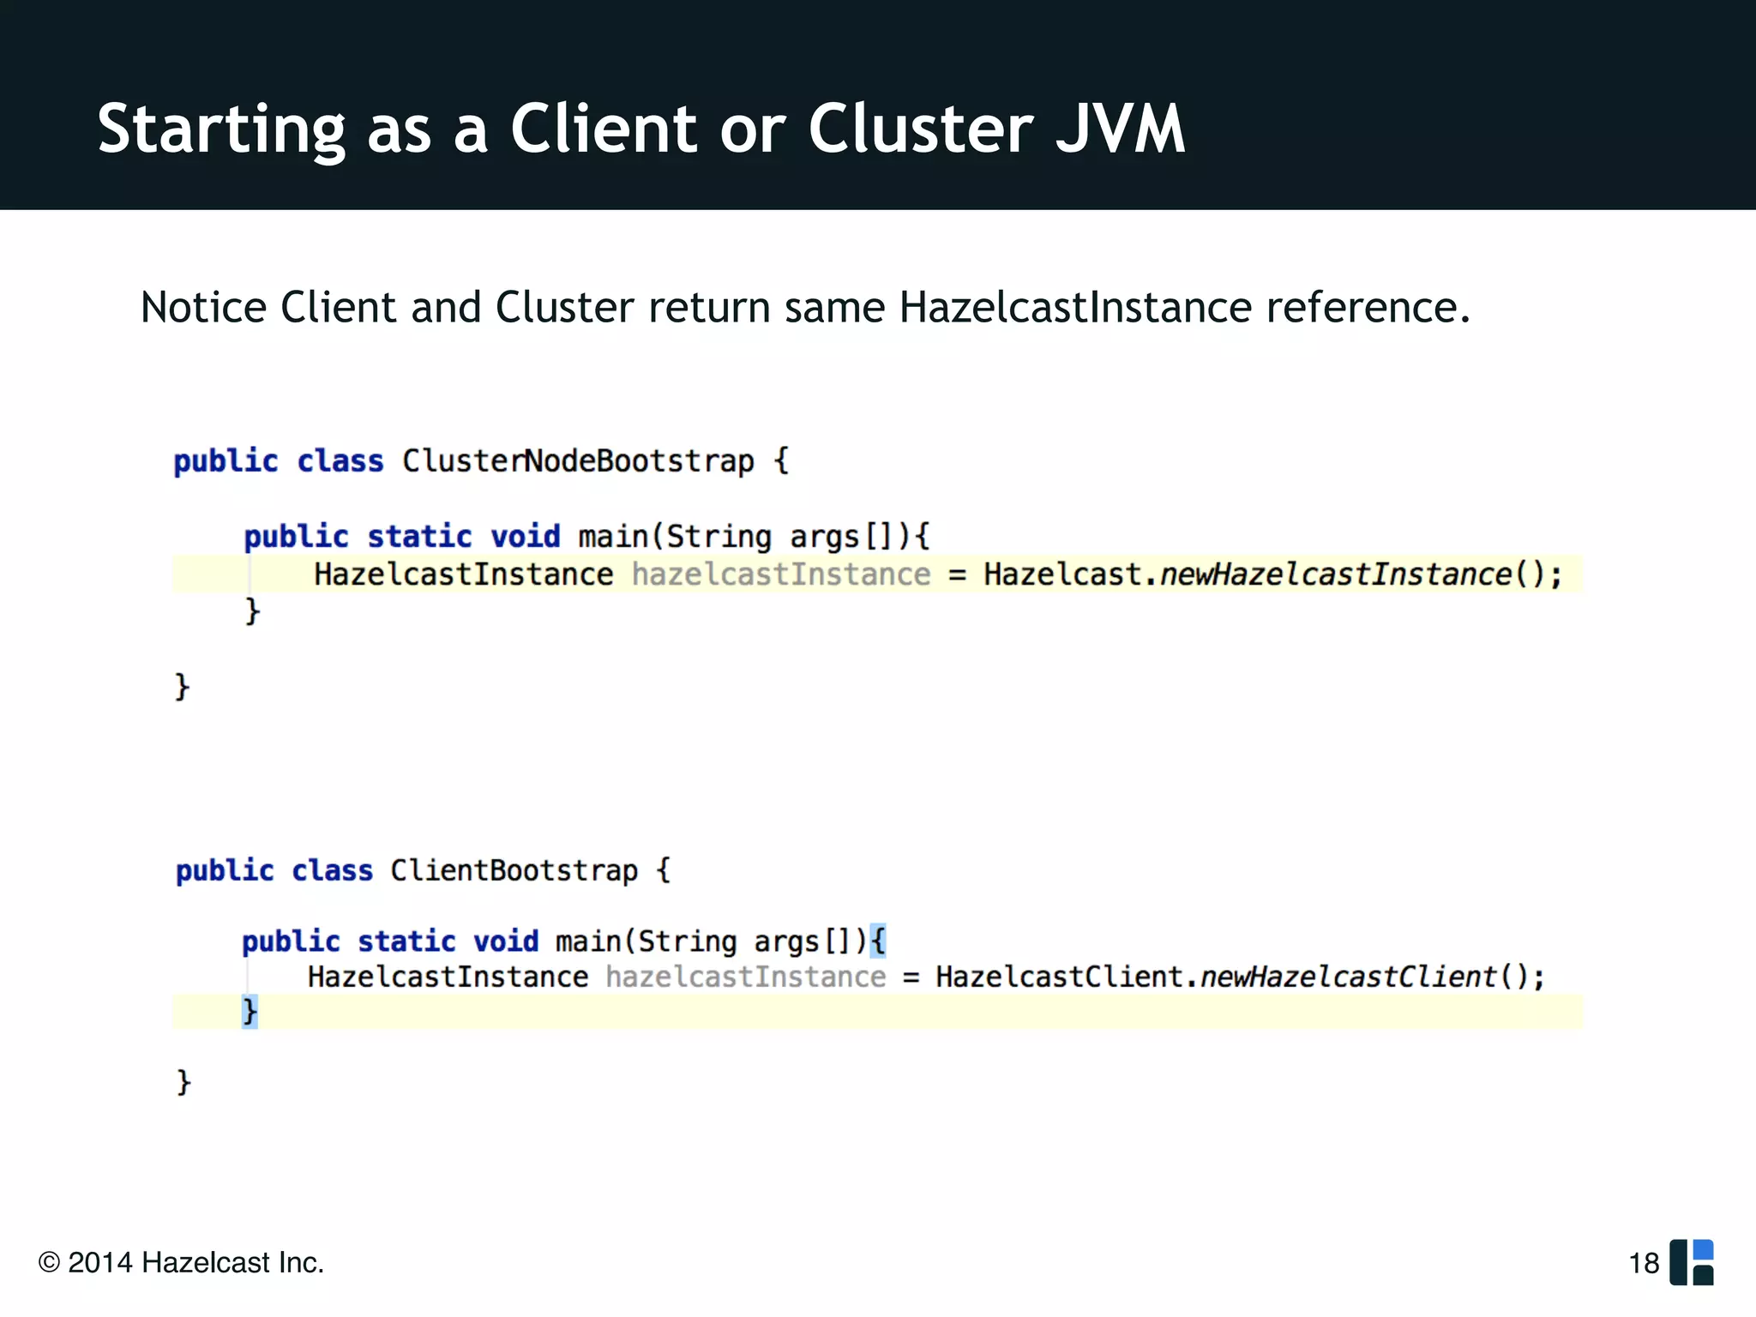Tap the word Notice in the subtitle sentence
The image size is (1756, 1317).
pyautogui.click(x=203, y=307)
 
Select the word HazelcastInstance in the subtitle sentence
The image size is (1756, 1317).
pyautogui.click(x=1075, y=307)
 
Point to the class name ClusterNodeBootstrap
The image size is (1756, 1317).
pyautogui.click(x=578, y=461)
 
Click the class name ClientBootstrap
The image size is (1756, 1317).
pyautogui.click(x=514, y=870)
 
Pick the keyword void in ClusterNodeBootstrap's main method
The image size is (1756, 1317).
pyautogui.click(x=525, y=537)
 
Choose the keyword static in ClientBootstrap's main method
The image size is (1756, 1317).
pyautogui.click(x=406, y=941)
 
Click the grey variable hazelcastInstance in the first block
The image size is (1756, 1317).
pyautogui.click(x=780, y=574)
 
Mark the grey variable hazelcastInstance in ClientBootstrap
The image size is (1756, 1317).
pyautogui.click(x=745, y=977)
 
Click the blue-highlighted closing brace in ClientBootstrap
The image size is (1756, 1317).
pyautogui.click(x=250, y=1012)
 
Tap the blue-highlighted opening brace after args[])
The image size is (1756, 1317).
pyautogui.click(x=877, y=941)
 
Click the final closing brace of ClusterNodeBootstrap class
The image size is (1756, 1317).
pyautogui.click(x=182, y=687)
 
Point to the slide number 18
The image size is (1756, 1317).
pyautogui.click(x=1644, y=1263)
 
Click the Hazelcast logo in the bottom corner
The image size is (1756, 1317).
pyautogui.click(x=1692, y=1262)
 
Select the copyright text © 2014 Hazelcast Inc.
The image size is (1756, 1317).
pyautogui.click(x=181, y=1263)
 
